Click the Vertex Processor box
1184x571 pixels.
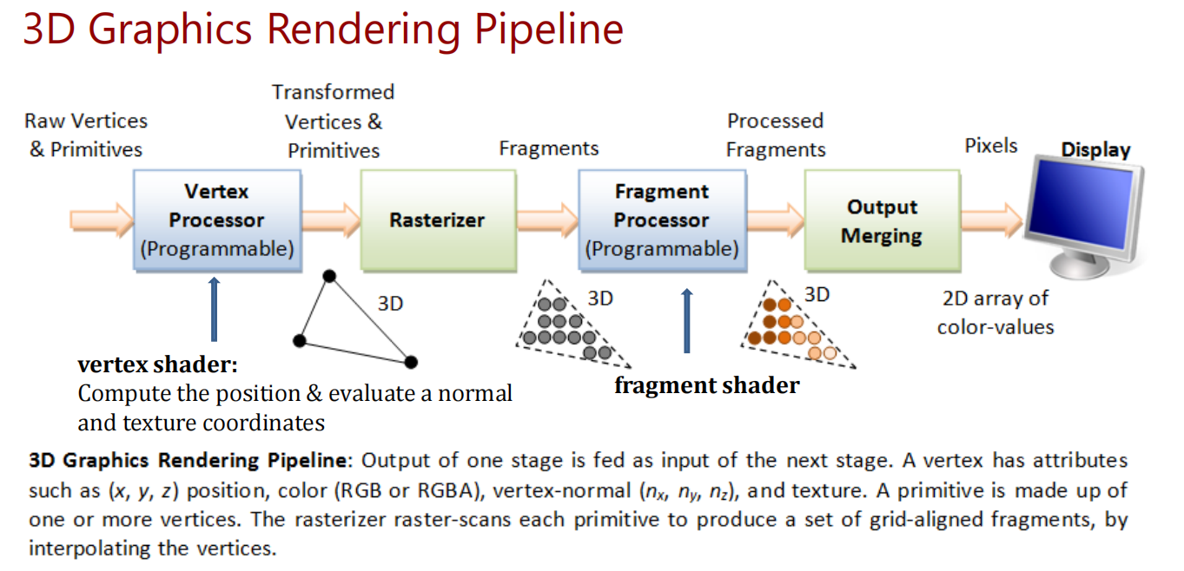click(217, 220)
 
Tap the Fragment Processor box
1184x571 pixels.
click(661, 220)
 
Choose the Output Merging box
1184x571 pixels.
click(881, 220)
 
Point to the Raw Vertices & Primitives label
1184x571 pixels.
click(85, 135)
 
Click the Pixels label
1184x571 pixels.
click(991, 146)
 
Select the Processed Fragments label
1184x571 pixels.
click(776, 135)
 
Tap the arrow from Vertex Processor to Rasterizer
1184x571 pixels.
click(331, 220)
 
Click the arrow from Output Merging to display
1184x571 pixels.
click(991, 220)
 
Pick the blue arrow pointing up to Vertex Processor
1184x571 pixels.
click(215, 308)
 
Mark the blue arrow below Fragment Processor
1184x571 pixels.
click(687, 321)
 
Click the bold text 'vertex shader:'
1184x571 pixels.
click(157, 365)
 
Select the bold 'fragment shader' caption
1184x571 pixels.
click(706, 385)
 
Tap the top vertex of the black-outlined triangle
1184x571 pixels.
click(328, 277)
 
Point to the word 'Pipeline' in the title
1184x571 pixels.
click(549, 29)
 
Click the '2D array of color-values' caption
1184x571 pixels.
click(995, 312)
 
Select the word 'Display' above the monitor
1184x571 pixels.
click(1095, 150)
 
